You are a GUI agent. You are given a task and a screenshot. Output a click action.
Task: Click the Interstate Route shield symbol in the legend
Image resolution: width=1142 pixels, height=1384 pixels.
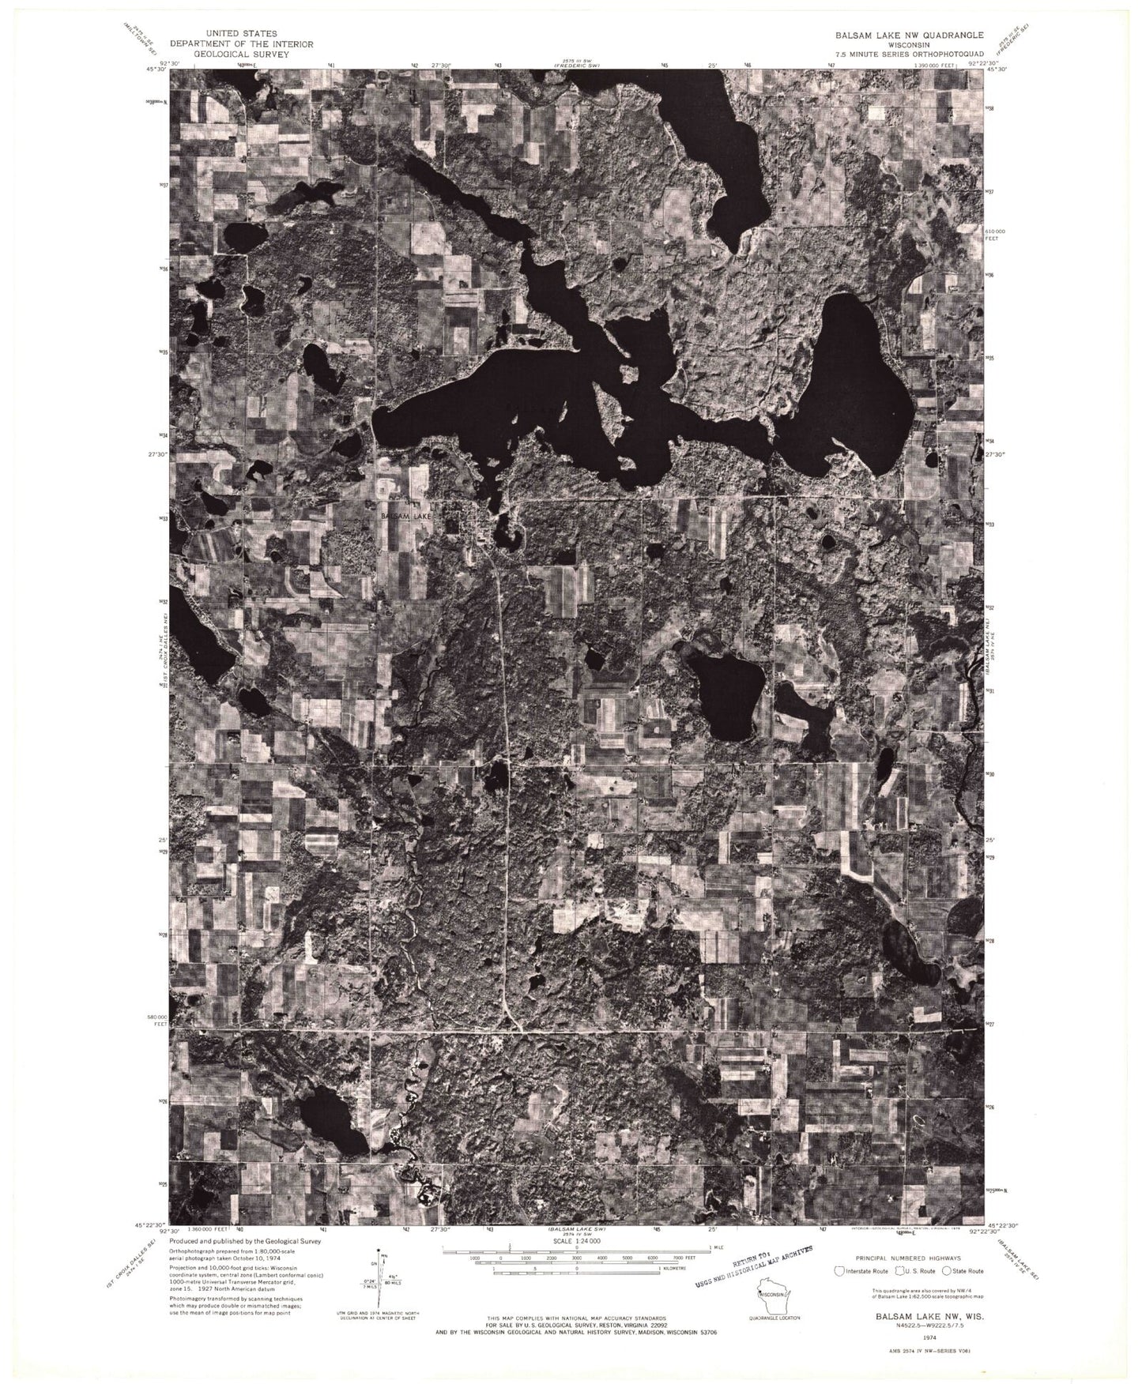tap(844, 1270)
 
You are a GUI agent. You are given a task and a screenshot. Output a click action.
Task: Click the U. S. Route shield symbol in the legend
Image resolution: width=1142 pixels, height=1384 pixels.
tap(899, 1270)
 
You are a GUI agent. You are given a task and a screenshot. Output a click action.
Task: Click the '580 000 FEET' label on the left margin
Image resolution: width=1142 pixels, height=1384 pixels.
tap(160, 1020)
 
